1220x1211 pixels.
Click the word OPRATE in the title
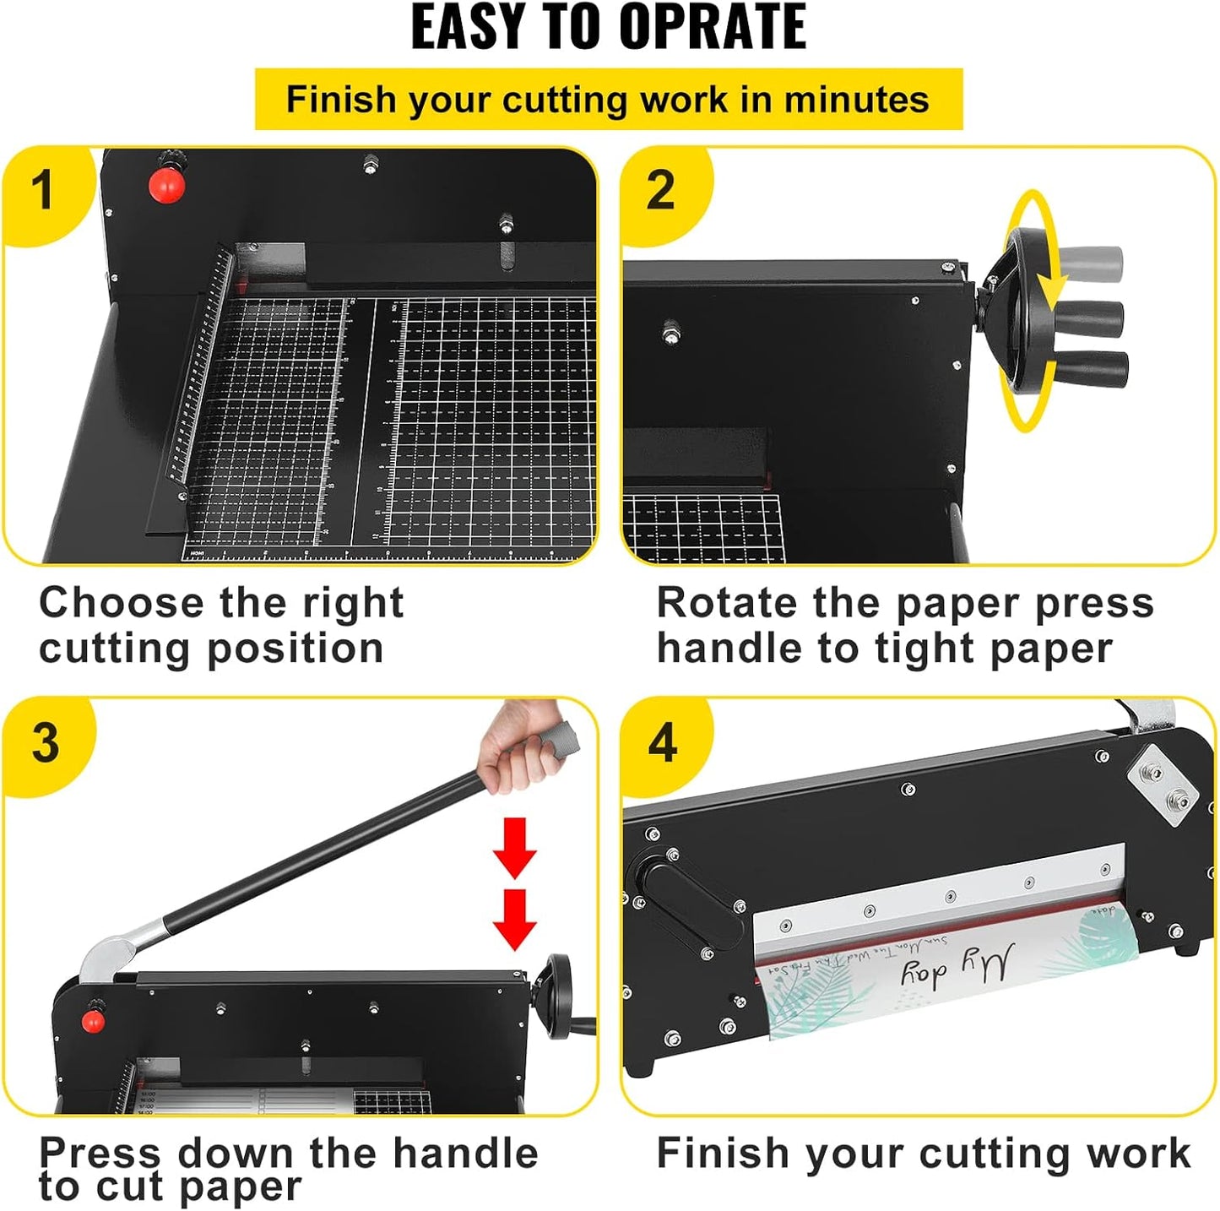pyautogui.click(x=713, y=27)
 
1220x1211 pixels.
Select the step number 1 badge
pyautogui.click(x=42, y=190)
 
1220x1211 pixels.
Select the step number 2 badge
pyautogui.click(x=660, y=190)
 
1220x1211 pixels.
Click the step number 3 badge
pyautogui.click(x=45, y=742)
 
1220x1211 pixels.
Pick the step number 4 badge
pyautogui.click(x=663, y=742)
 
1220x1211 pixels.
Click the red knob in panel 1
pyautogui.click(x=165, y=186)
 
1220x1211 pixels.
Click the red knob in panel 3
pyautogui.click(x=93, y=1022)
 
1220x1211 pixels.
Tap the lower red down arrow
pyautogui.click(x=515, y=919)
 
